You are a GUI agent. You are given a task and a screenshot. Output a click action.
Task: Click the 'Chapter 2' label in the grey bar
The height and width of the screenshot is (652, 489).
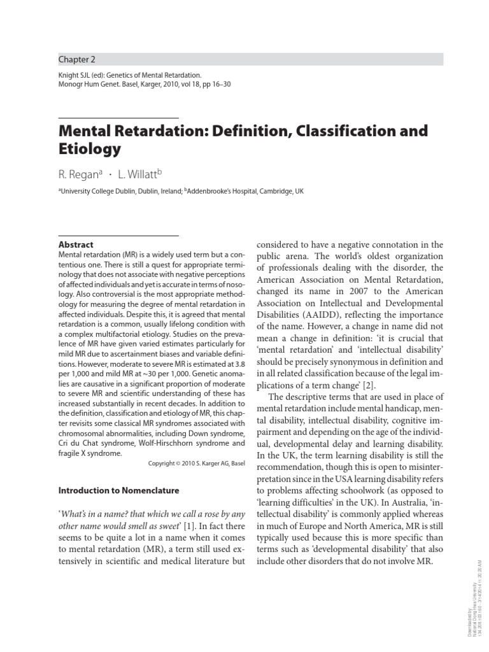77,60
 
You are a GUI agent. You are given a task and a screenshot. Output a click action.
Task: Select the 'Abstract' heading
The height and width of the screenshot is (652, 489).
76,244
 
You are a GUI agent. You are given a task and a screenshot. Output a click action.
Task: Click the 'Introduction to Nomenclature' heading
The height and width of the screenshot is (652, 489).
119,491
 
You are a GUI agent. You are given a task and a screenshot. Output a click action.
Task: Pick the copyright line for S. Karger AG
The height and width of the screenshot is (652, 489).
196,464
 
